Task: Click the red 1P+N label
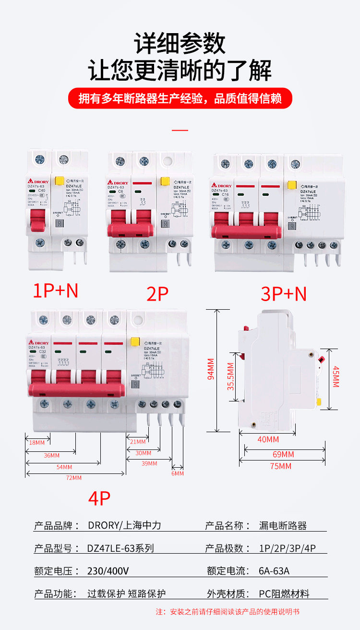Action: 55,291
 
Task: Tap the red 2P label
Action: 157,294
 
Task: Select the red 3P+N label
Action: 284,294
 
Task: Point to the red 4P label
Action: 99,498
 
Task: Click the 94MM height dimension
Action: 211,369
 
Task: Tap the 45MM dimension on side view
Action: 336,377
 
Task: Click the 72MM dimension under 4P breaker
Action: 74,478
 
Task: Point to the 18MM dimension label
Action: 36,442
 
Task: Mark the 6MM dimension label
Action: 178,473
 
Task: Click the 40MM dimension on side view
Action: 268,439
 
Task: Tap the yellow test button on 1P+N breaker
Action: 60,181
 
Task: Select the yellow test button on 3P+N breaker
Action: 291,184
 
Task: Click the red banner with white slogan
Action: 180,99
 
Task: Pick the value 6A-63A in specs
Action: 274,571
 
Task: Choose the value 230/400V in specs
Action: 108,571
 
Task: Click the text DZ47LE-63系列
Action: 120,548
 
